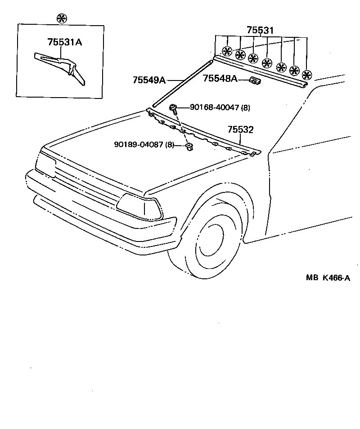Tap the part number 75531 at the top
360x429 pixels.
[x=260, y=30]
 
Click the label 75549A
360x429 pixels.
[x=148, y=80]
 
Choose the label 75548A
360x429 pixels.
[x=220, y=79]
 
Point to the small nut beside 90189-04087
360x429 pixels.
[x=189, y=146]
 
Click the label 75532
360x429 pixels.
[x=241, y=130]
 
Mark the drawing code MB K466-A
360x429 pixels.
[x=328, y=277]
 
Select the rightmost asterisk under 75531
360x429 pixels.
[x=307, y=75]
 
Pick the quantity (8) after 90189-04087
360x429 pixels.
[x=170, y=144]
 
